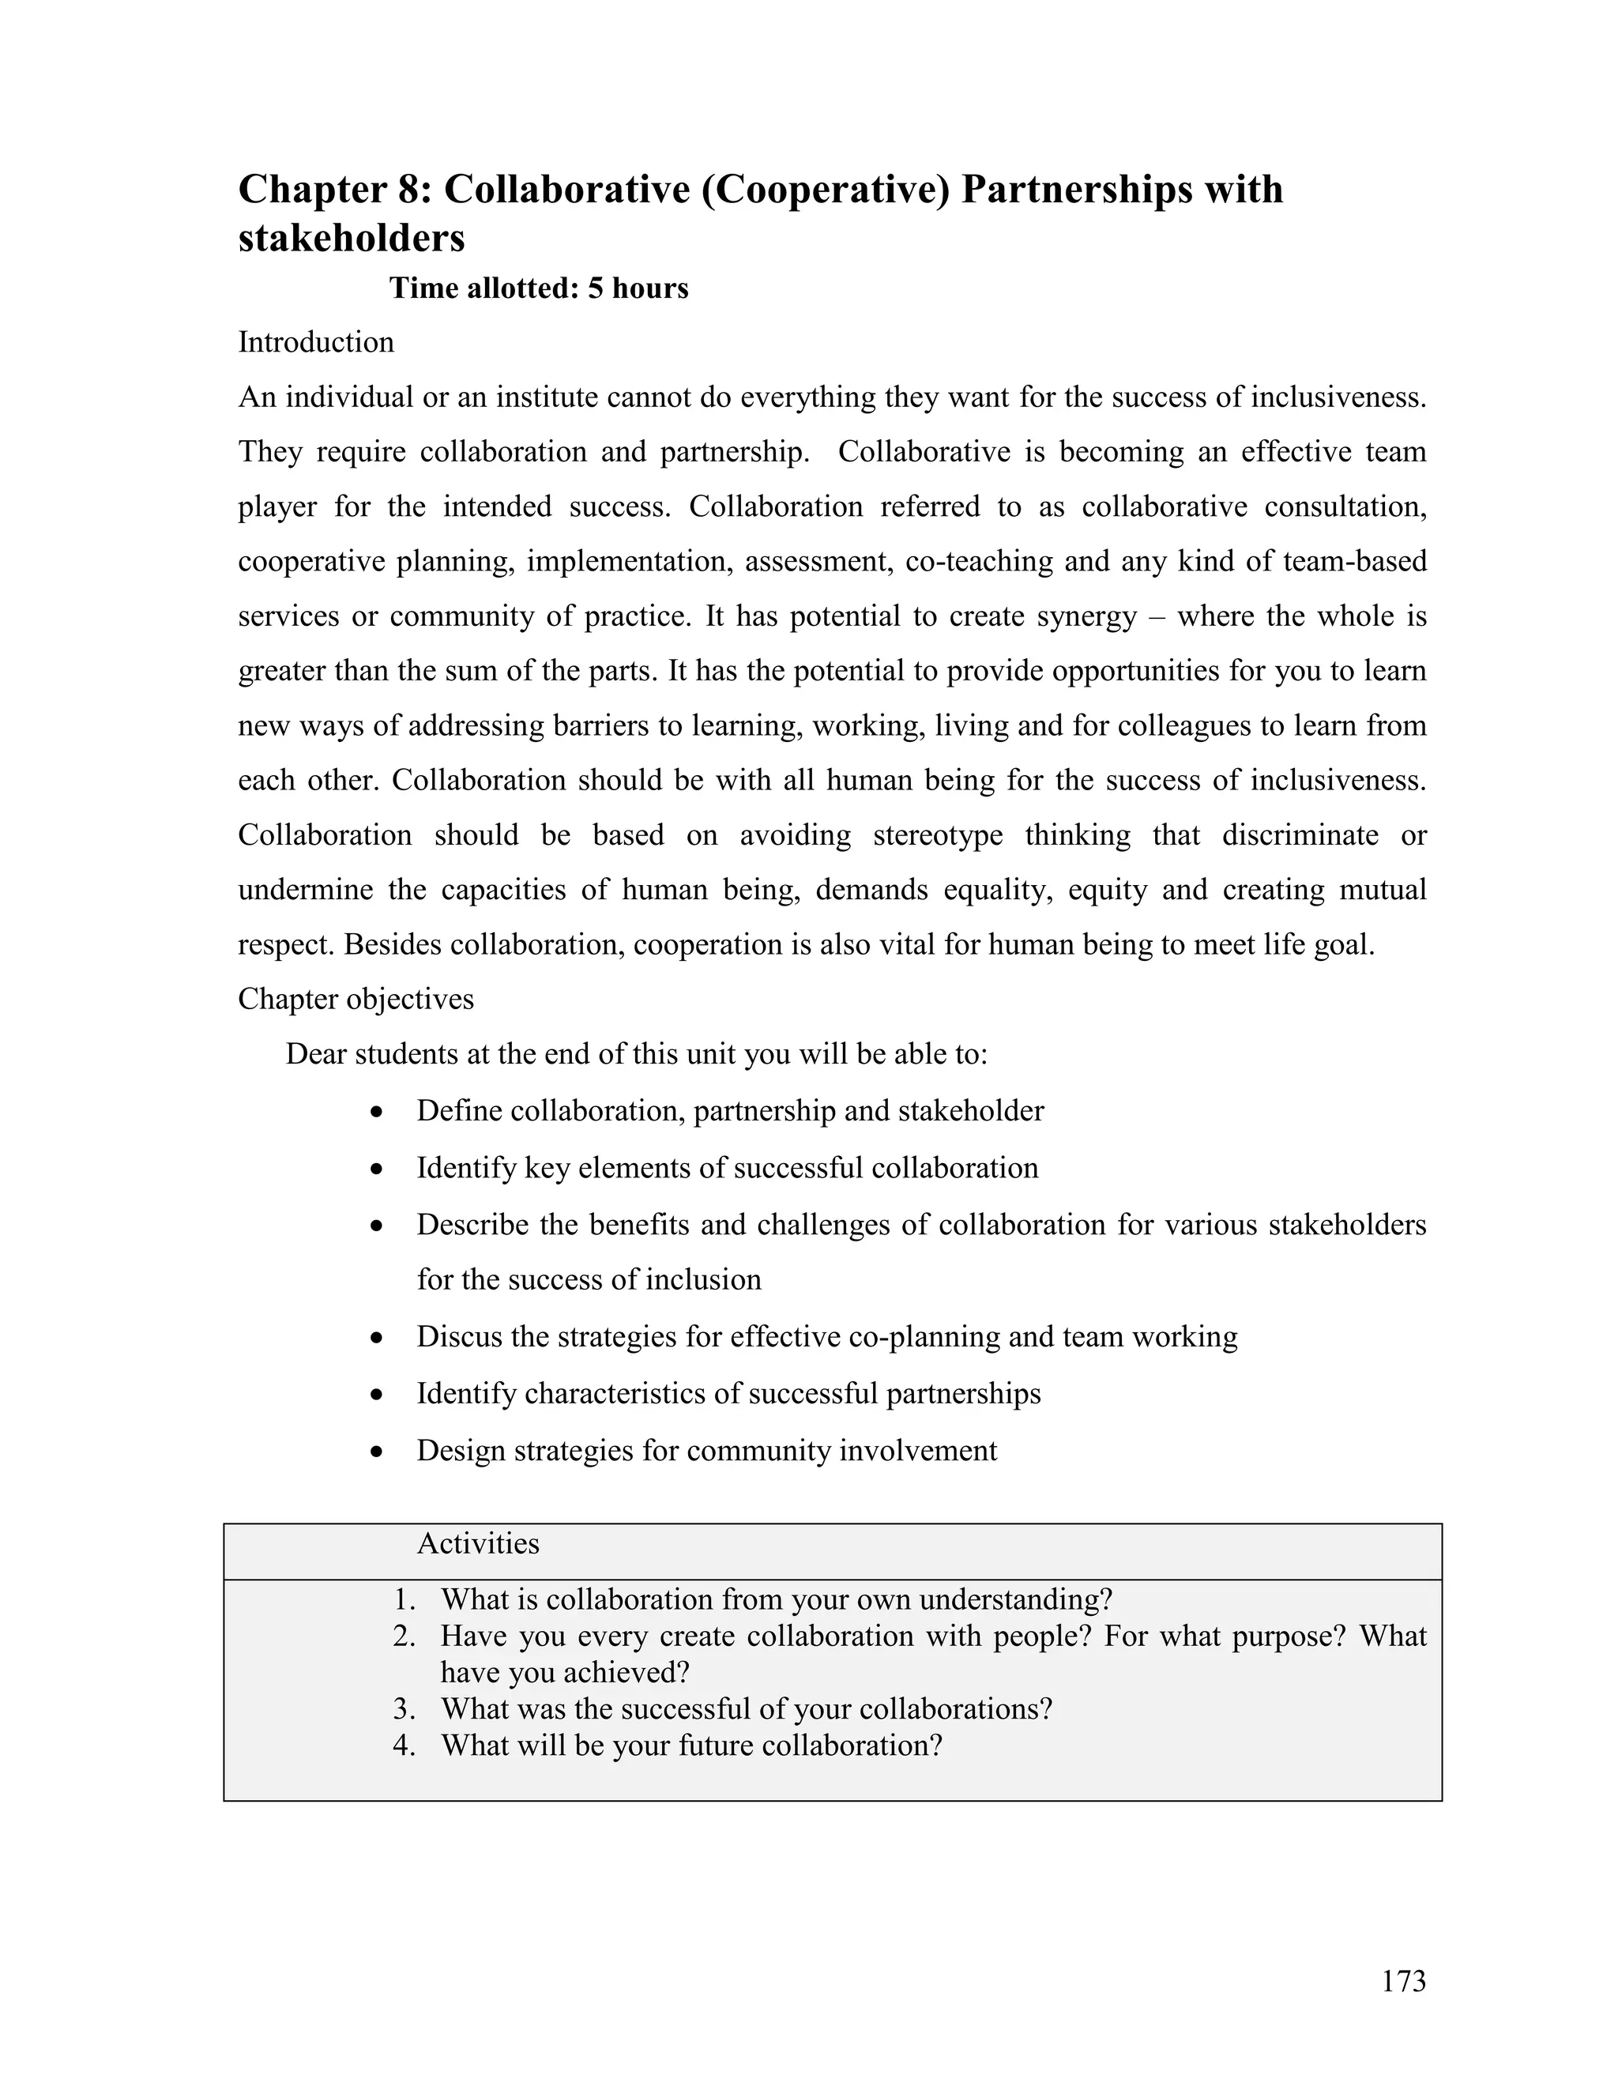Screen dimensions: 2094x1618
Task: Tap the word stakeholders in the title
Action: coord(351,238)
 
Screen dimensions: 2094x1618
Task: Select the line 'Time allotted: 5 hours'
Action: coord(538,288)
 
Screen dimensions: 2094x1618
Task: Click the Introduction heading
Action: coord(315,342)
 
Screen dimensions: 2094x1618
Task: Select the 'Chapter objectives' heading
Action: coord(356,999)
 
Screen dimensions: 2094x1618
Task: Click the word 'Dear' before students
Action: coord(316,1055)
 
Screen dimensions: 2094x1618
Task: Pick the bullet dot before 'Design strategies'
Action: coord(378,1452)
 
